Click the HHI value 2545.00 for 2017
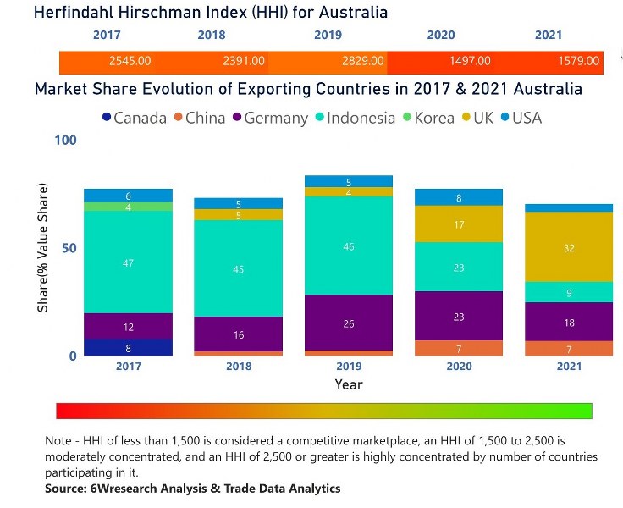click(130, 62)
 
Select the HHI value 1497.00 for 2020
click(470, 62)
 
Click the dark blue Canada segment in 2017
click(128, 347)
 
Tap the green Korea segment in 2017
click(128, 207)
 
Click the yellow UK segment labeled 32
click(568, 247)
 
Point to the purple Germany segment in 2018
click(238, 334)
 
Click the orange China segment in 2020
click(458, 348)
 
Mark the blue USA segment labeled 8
click(458, 197)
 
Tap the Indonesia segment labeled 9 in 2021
click(568, 292)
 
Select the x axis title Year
click(348, 384)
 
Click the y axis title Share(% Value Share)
click(42, 248)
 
